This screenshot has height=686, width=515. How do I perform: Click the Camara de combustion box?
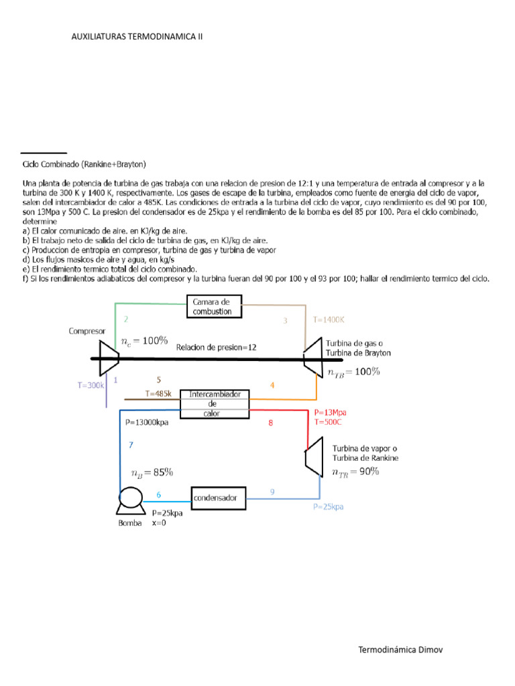point(213,307)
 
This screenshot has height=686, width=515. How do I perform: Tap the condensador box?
point(219,497)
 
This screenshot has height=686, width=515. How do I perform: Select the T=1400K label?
point(328,320)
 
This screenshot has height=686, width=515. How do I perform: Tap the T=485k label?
point(158,393)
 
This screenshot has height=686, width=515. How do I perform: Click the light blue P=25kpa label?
point(328,507)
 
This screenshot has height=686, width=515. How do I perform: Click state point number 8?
point(270,423)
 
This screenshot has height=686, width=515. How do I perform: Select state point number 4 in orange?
point(272,385)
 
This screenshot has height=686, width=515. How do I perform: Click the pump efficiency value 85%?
point(163,473)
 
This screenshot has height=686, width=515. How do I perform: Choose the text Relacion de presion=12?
point(217,347)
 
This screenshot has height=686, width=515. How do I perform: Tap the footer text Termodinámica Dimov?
point(400,650)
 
